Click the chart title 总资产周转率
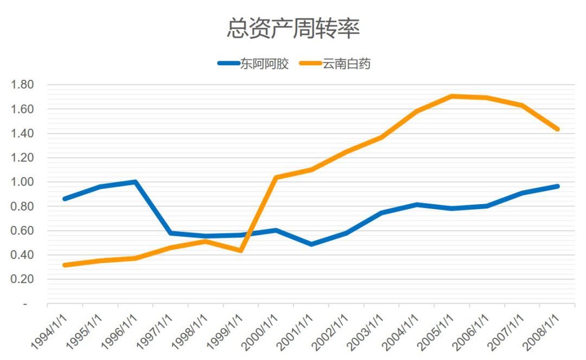pos(293,29)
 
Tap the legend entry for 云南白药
pos(347,64)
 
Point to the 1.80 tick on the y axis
pos(23,85)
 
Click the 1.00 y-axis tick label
pos(23,182)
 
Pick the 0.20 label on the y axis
pos(23,279)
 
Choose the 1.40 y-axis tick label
pos(23,134)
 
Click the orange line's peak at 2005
pos(451,97)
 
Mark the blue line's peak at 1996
pos(135,182)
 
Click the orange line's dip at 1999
pos(240,250)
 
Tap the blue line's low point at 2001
pos(311,244)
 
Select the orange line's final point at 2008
pos(557,129)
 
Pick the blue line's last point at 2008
pos(557,186)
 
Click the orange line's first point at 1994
pos(65,265)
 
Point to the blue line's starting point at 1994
pos(65,199)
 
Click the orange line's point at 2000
pos(276,178)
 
